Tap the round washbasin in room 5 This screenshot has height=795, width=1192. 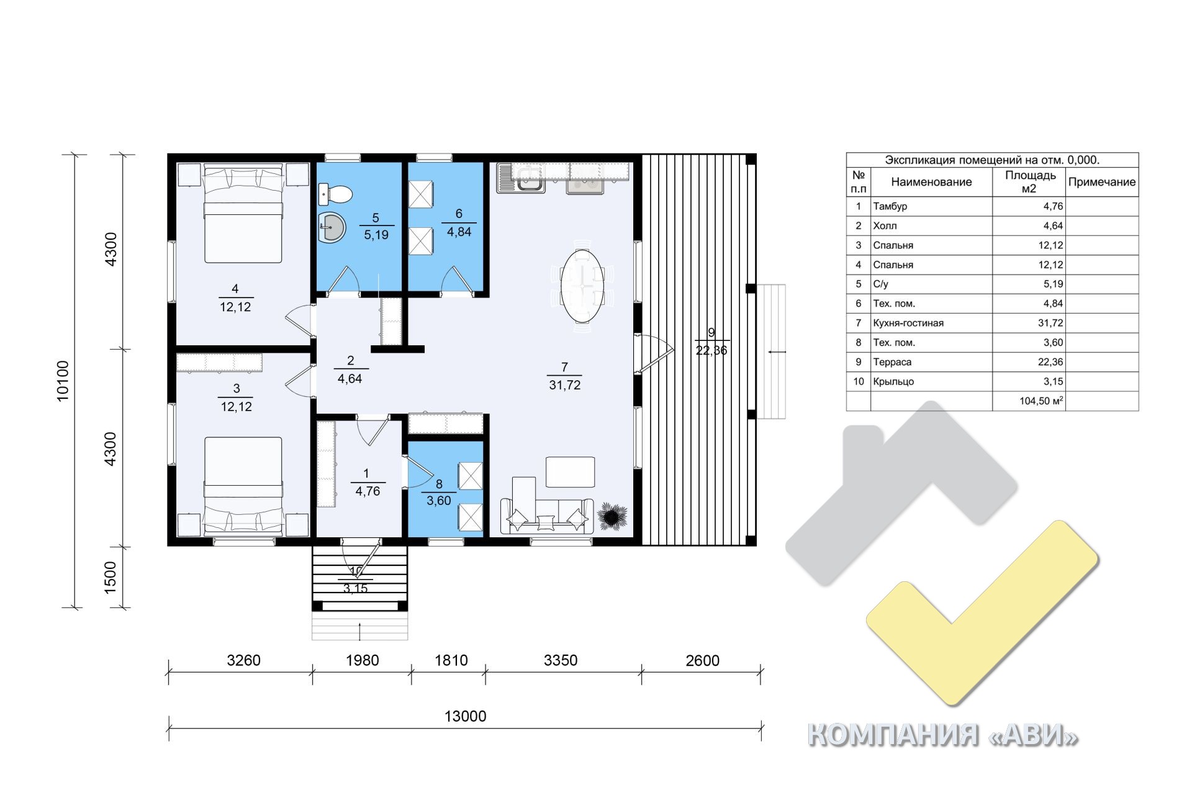click(x=332, y=227)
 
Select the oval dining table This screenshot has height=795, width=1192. click(x=582, y=286)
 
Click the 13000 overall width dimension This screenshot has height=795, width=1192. click(x=466, y=716)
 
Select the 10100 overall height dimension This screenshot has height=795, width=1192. click(x=63, y=381)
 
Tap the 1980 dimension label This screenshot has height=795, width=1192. click(x=362, y=660)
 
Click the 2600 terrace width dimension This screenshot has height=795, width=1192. click(x=702, y=660)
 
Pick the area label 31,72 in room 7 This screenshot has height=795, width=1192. click(x=564, y=385)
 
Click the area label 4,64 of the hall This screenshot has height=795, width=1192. click(x=350, y=378)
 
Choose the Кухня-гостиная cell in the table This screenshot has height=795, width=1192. click(x=908, y=323)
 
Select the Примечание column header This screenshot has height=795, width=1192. click(x=1101, y=182)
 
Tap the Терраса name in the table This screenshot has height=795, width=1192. click(x=892, y=362)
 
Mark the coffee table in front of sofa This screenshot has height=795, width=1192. click(x=570, y=472)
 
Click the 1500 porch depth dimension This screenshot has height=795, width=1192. click(x=111, y=577)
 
